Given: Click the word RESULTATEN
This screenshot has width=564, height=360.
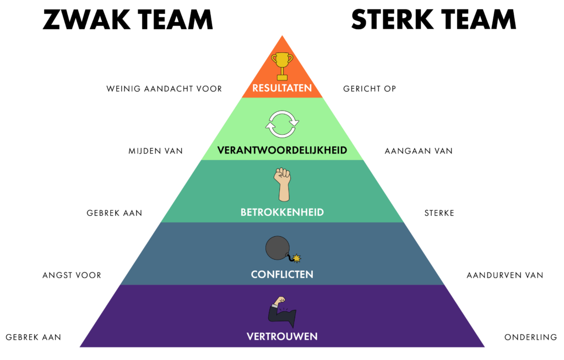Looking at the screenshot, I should click(x=282, y=88).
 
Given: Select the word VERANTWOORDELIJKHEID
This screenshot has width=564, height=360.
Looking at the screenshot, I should click(x=282, y=150).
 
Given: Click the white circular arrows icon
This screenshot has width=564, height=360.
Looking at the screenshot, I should click(x=282, y=124).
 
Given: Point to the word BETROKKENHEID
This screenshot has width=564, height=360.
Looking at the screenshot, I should click(x=282, y=212).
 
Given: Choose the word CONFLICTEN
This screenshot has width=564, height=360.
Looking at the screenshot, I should click(x=282, y=274).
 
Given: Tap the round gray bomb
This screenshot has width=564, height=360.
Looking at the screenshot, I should click(x=277, y=248).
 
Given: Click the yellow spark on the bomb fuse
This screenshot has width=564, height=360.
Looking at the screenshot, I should click(x=298, y=257).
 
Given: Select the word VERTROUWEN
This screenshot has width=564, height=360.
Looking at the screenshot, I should click(x=282, y=336).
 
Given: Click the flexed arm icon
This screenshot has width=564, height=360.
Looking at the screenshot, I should click(x=282, y=312).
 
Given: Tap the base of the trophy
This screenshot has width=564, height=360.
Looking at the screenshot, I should click(x=282, y=78).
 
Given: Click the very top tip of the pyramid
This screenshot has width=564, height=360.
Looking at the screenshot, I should click(x=282, y=36).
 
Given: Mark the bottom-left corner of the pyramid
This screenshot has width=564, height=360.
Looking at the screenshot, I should click(x=80, y=347).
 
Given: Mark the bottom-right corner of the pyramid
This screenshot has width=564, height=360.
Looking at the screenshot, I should click(x=484, y=347).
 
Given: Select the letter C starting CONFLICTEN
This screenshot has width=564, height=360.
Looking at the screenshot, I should click(x=254, y=274).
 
